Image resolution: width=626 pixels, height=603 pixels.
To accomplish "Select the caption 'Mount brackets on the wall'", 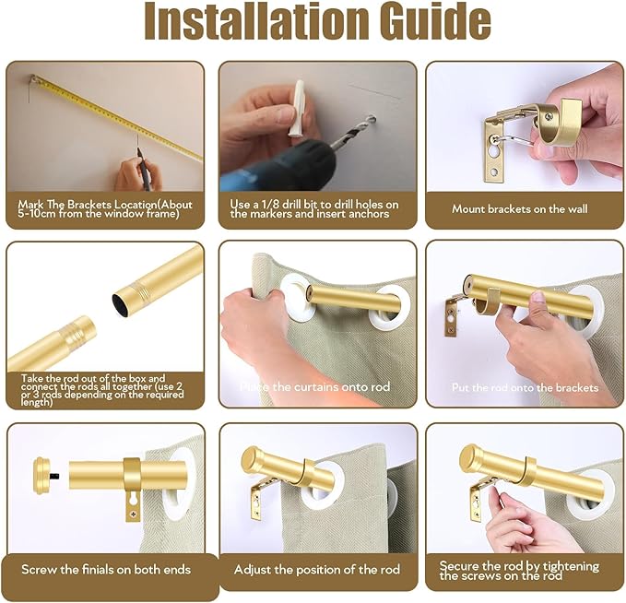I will [x=519, y=209].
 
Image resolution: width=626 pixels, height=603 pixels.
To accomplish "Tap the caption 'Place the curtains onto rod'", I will [x=313, y=387].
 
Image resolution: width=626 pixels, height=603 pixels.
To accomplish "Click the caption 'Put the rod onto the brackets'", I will [x=525, y=388].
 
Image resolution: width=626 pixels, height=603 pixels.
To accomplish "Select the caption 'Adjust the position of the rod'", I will [x=317, y=570].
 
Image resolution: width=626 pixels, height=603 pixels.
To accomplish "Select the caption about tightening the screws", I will [x=518, y=571].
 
